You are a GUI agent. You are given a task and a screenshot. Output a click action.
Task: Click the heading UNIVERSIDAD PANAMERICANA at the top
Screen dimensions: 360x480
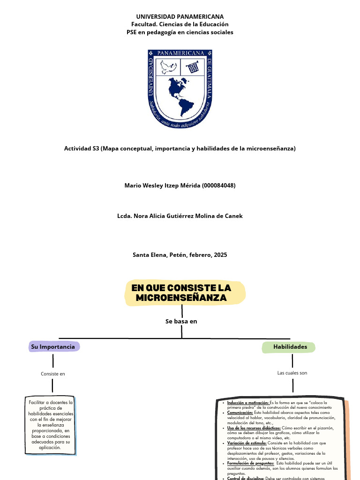point(180,16)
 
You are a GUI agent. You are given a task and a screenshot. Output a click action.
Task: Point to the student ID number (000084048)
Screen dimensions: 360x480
point(218,186)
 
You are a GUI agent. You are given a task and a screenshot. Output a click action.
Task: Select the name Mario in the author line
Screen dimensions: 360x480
point(133,186)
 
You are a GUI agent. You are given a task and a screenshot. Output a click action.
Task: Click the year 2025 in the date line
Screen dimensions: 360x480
point(220,255)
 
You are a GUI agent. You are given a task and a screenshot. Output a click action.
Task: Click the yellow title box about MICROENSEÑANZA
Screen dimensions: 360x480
point(180,293)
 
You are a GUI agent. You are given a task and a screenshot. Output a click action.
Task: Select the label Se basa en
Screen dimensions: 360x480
point(181,322)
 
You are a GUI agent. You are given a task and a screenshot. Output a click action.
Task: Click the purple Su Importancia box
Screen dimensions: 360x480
point(53,347)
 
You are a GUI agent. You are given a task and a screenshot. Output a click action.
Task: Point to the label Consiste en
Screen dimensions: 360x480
point(53,374)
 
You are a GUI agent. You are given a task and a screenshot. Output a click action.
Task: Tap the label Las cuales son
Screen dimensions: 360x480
point(292,373)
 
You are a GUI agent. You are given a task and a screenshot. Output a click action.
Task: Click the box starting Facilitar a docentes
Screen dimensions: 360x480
point(50,425)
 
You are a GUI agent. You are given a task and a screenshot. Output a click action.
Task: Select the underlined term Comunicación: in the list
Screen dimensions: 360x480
point(240,412)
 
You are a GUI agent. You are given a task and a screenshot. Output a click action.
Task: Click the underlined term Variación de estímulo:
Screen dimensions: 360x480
point(247,442)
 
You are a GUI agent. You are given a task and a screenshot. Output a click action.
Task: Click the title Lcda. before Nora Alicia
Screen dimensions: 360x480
point(125,216)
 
